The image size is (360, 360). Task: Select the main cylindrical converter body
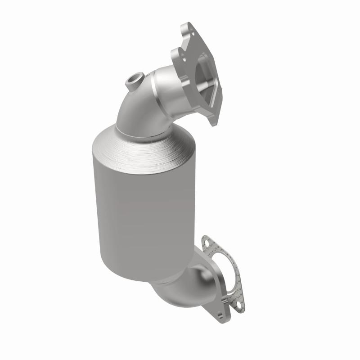135,211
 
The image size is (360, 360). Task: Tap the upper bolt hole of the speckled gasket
207,243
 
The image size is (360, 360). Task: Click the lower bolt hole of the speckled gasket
239,305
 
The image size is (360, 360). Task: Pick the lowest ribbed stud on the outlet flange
220,315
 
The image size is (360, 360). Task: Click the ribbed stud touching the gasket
225,301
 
